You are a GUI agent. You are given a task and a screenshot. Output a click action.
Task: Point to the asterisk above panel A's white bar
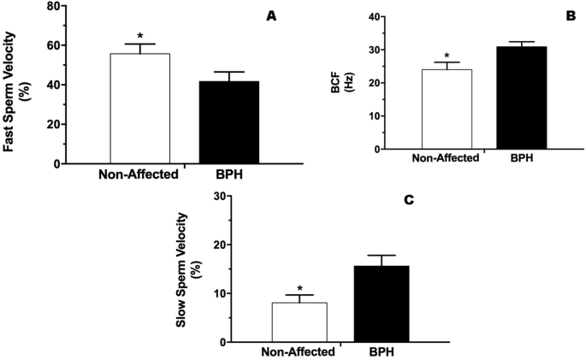point(139,38)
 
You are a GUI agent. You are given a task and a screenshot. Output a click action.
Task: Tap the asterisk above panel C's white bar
point(299,289)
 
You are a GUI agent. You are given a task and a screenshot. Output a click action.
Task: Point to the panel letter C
point(408,199)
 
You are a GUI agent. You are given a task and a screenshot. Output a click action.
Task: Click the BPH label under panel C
point(382,351)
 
